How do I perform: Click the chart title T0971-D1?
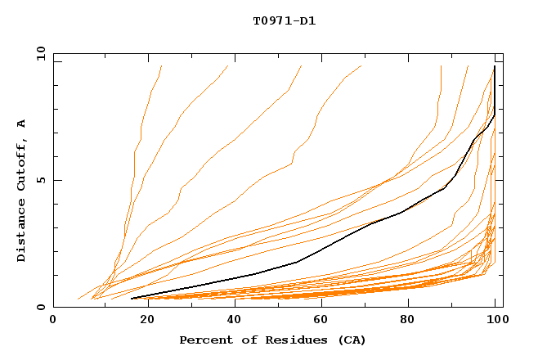tap(284, 21)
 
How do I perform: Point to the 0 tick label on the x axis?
tap(53, 320)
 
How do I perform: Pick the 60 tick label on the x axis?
tap(319, 320)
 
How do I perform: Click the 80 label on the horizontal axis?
tap(407, 320)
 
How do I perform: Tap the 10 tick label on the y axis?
tap(38, 52)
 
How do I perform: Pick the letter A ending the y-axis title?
tap(21, 123)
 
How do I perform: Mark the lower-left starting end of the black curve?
tap(132, 298)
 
